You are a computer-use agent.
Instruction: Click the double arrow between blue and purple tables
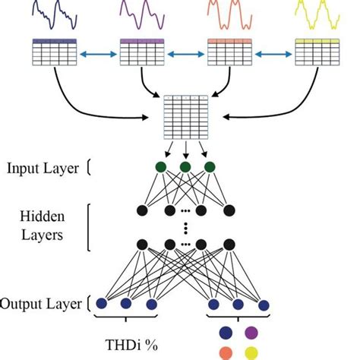click(99, 54)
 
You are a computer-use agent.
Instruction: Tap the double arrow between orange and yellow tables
click(273, 54)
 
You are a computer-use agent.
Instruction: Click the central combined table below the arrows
click(185, 115)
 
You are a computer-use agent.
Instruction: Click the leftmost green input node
click(160, 169)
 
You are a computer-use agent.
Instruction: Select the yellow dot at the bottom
click(251, 352)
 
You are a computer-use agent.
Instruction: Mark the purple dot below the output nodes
click(251, 332)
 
